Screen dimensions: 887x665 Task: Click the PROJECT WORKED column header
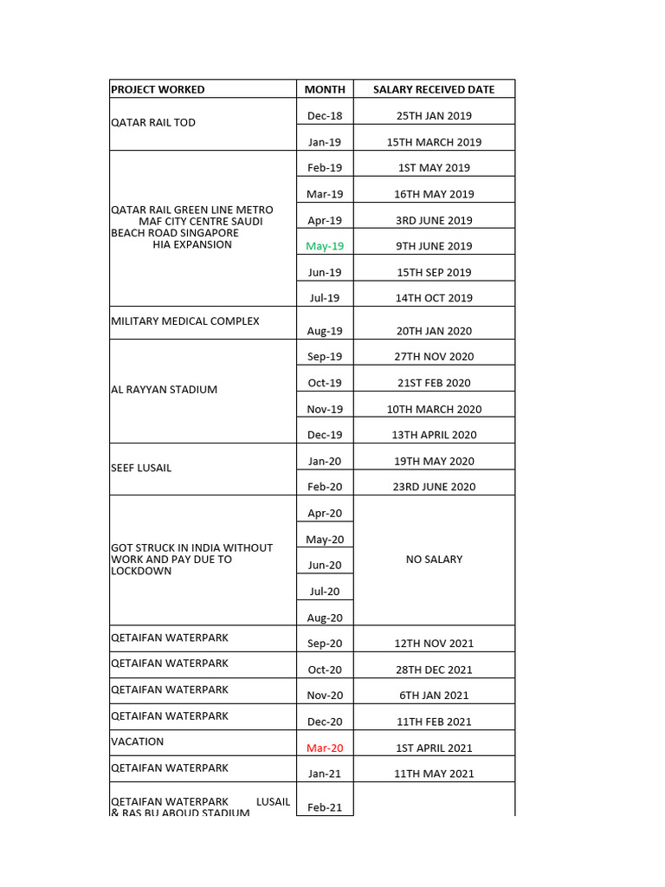pos(158,89)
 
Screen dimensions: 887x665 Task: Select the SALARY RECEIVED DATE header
pos(434,89)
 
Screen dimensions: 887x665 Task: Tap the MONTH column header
pos(325,89)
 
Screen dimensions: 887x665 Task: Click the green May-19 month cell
pos(325,246)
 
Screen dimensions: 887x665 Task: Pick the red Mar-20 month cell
pos(325,748)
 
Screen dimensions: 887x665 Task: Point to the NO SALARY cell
pos(434,560)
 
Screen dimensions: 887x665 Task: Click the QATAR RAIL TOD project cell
pos(153,123)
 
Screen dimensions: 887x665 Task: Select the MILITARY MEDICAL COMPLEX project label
pos(185,321)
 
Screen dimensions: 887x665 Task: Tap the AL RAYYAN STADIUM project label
pos(165,390)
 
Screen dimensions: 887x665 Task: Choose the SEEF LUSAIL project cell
pos(141,468)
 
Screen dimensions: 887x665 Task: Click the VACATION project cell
pos(137,741)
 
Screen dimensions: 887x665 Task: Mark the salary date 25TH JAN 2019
pos(434,116)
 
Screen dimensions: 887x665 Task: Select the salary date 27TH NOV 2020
pos(434,357)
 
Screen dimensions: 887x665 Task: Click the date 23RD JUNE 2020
pos(434,487)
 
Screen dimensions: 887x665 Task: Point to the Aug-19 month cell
pos(325,331)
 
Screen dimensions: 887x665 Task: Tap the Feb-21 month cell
pos(325,807)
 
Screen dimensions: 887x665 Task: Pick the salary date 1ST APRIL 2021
pos(434,748)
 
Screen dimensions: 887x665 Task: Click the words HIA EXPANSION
pos(191,244)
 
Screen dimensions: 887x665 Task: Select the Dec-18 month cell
pos(325,116)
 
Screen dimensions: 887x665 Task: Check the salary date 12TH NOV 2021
pos(434,644)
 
